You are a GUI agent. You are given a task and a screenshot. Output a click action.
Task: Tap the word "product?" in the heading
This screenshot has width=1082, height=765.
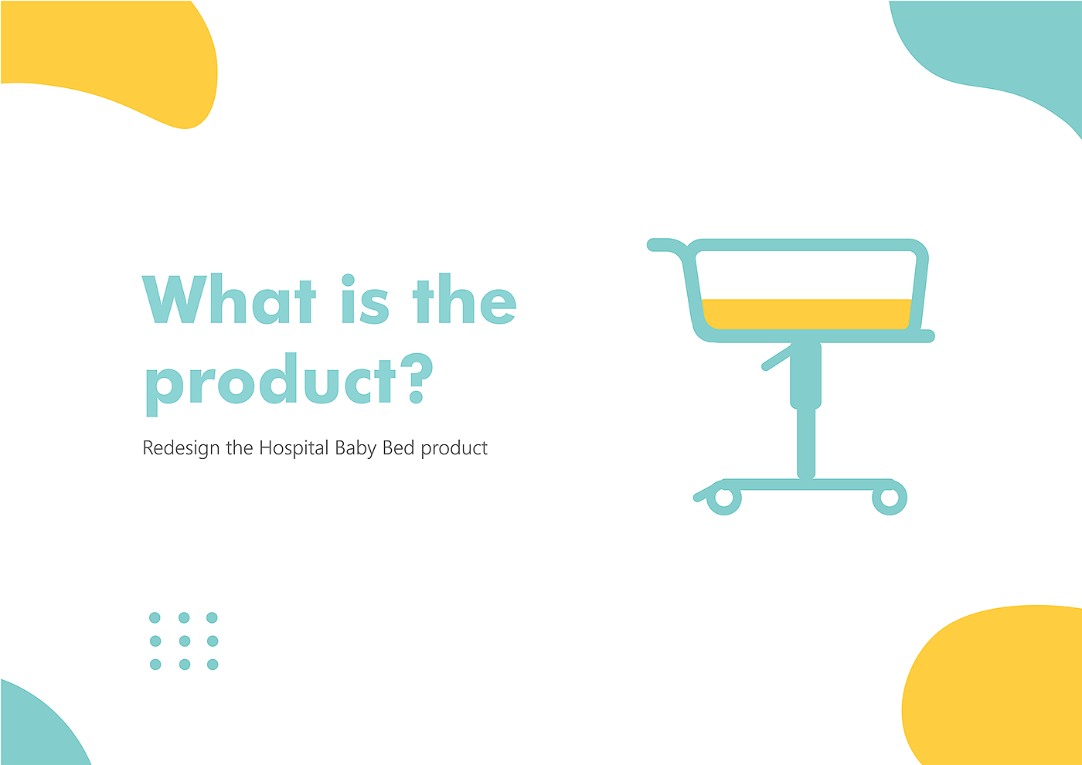[289, 385]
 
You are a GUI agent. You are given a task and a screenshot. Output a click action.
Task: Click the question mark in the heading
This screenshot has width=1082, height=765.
[417, 378]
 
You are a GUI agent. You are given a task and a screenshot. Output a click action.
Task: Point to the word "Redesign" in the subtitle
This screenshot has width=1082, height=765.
[181, 448]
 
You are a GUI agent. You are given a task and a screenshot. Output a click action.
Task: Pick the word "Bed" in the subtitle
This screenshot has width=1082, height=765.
[398, 447]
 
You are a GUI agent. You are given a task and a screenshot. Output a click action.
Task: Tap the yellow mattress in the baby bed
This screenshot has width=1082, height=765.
[806, 314]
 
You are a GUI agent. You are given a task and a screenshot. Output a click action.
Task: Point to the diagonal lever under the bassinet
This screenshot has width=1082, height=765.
[777, 357]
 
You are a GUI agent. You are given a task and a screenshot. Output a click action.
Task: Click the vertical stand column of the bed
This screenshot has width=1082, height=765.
[805, 410]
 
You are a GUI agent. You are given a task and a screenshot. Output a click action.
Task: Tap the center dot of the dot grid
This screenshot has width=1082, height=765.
[185, 641]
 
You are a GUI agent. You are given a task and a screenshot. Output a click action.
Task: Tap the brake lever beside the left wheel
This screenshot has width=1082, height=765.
[704, 493]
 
